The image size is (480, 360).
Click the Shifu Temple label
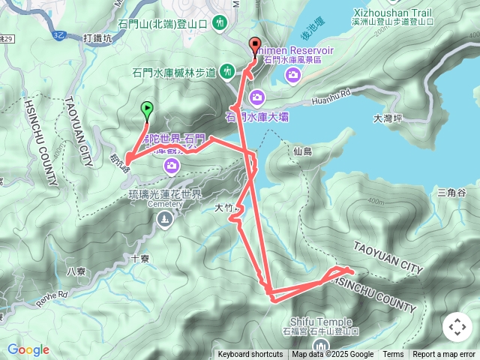click(x=319, y=322)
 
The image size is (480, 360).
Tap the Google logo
click(x=28, y=349)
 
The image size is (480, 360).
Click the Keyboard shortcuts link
click(x=250, y=355)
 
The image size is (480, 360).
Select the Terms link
click(x=393, y=355)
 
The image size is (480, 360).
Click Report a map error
click(x=444, y=355)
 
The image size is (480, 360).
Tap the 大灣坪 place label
click(x=388, y=118)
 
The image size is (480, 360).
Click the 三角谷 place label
click(x=451, y=193)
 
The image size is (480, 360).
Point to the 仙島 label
click(x=303, y=151)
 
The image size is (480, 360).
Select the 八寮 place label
click(x=77, y=271)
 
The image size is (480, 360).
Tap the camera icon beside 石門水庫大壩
click(x=257, y=96)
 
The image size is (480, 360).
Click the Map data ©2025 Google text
click(x=333, y=355)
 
